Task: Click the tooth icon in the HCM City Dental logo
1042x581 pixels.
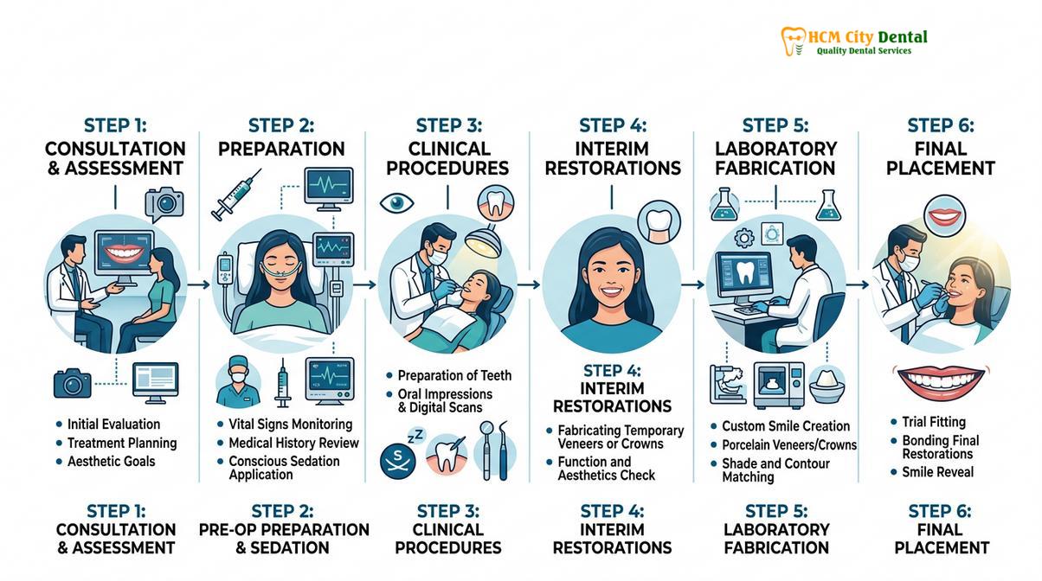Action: (x=793, y=41)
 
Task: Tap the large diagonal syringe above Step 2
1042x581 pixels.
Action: (x=236, y=195)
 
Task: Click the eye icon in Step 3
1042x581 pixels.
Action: (x=396, y=203)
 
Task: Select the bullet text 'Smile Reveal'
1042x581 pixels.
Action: (x=938, y=472)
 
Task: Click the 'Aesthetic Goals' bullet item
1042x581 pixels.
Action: (x=111, y=462)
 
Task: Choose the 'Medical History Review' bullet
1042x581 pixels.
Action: (x=293, y=443)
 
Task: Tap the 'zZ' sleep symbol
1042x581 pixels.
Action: (x=415, y=437)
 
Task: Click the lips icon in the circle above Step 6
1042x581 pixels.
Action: (x=945, y=217)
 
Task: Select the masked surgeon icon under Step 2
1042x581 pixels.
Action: (x=239, y=382)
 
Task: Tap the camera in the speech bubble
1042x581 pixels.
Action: (x=164, y=203)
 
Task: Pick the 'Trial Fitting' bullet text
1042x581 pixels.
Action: (x=934, y=422)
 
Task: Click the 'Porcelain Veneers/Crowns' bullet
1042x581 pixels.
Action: (x=789, y=445)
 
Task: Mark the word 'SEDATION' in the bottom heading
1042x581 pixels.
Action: (x=289, y=547)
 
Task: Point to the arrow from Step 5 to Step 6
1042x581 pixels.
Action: (x=858, y=284)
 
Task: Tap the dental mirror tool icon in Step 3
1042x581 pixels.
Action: (x=486, y=450)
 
